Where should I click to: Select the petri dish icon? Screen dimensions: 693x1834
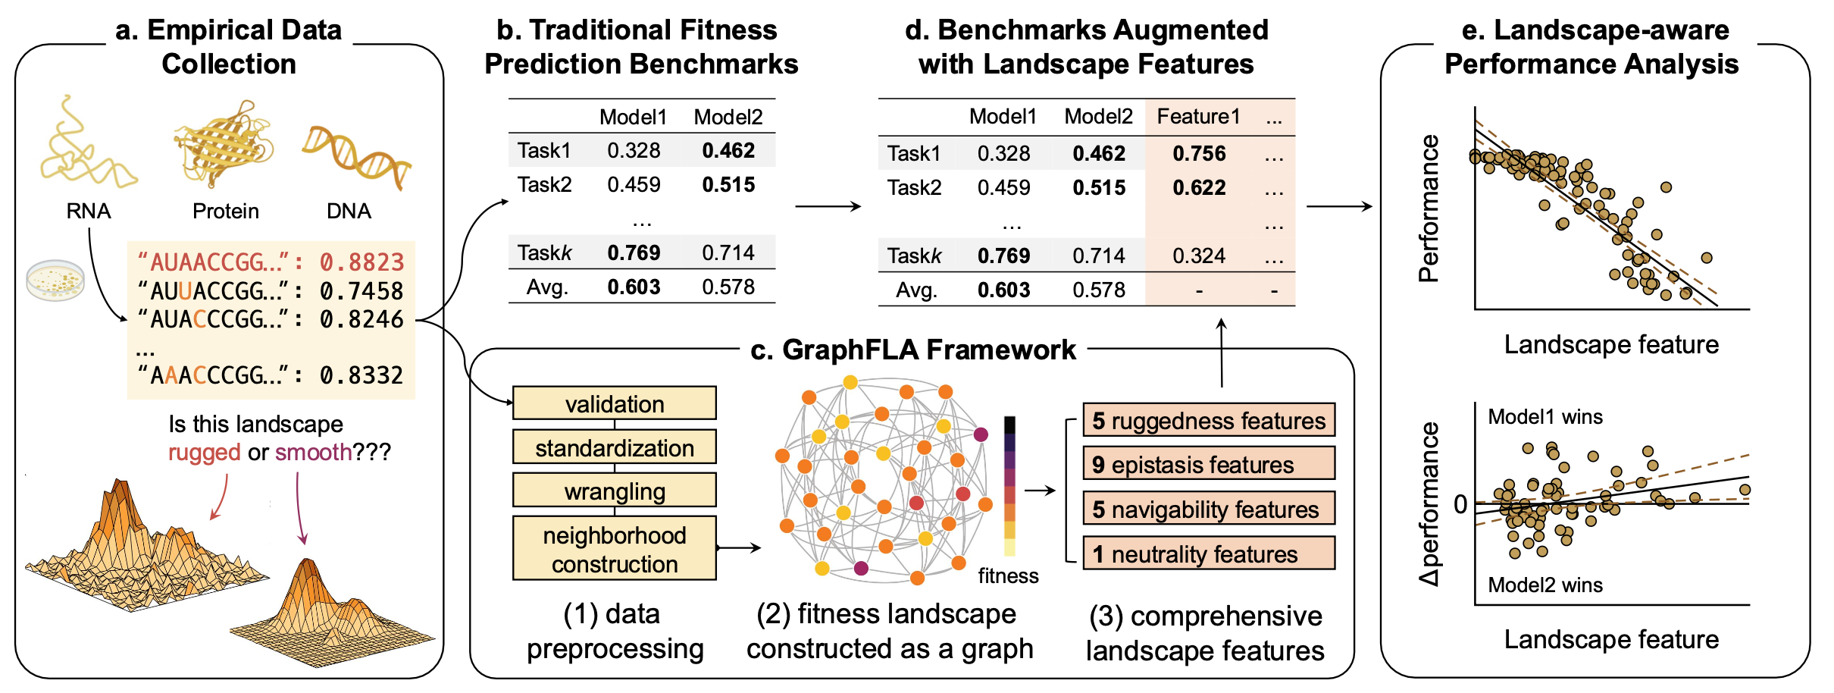coord(55,280)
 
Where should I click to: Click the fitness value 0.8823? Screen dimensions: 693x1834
coord(361,262)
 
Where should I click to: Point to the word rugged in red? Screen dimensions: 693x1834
coord(204,453)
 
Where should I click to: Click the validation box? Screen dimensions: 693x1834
coord(614,403)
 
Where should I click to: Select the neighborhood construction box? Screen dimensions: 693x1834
coord(614,549)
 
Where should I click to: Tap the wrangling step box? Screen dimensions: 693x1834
coord(614,491)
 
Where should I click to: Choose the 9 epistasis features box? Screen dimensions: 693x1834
coord(1208,464)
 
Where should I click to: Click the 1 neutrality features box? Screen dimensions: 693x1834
coord(1208,554)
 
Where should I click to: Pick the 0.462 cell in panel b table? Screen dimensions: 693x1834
coord(728,150)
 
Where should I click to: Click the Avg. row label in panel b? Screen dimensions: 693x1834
coord(547,287)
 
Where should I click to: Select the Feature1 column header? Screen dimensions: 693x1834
coord(1198,116)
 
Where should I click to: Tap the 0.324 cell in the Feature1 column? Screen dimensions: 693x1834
coord(1198,256)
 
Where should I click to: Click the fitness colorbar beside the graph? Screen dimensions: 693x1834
coord(1009,485)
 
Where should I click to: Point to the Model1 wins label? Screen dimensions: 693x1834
coord(1545,417)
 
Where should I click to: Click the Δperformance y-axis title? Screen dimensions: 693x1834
coord(1429,503)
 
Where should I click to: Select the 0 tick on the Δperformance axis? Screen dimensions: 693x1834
coord(1460,503)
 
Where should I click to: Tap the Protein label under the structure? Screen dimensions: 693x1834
coord(225,211)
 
